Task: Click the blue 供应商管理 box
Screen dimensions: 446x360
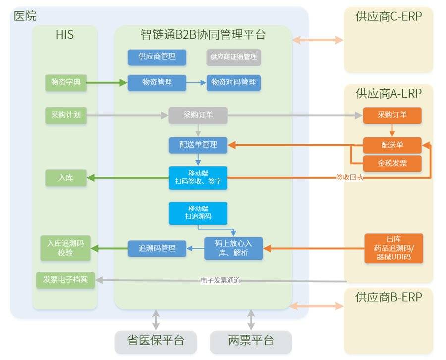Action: (157, 57)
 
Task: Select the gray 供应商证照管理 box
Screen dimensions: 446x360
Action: (233, 57)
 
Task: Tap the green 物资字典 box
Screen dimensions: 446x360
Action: (66, 83)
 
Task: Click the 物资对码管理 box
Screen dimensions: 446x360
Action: (233, 83)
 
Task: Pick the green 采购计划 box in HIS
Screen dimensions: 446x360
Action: (66, 115)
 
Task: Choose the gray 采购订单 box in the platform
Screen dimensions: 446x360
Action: (198, 115)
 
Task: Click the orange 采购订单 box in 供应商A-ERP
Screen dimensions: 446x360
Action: (392, 115)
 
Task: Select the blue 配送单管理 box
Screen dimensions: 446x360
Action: (198, 145)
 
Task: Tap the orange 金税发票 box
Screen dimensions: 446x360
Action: (392, 163)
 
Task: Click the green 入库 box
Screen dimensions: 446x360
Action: (66, 178)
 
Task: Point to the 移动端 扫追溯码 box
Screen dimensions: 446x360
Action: (198, 213)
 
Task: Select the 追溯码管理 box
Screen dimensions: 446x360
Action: (157, 248)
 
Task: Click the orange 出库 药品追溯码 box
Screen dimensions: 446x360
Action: (393, 248)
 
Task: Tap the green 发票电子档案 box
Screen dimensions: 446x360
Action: (65, 280)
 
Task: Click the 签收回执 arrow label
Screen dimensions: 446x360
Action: (349, 178)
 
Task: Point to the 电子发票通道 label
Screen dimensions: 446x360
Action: (221, 280)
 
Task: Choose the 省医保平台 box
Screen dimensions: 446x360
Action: (156, 342)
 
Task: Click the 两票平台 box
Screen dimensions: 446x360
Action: (251, 342)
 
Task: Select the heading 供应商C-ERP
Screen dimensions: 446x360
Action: (389, 16)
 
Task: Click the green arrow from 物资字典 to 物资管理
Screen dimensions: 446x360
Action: (107, 83)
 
